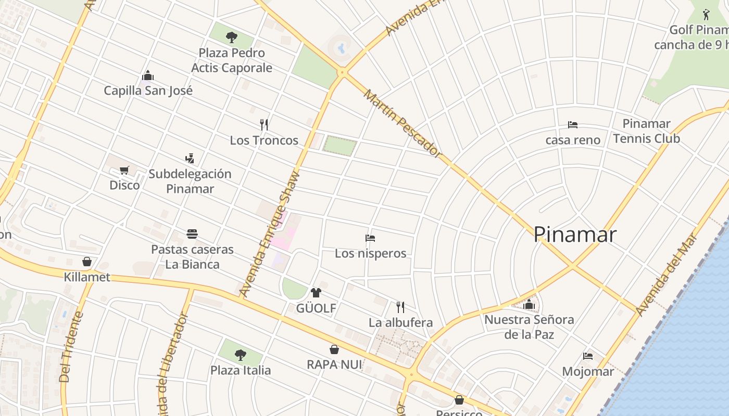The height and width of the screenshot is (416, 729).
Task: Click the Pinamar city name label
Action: coord(575,235)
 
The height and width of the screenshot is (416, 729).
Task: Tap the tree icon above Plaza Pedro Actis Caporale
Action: coord(232,37)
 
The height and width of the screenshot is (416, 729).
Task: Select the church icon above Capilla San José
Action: coord(148,76)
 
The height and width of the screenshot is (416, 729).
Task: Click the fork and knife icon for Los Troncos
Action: coord(264,125)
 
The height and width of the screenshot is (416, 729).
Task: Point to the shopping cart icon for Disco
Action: coord(124,170)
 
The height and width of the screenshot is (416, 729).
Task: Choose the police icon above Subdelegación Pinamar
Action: coord(190,159)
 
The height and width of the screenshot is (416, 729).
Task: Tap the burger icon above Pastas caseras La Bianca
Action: coord(192,234)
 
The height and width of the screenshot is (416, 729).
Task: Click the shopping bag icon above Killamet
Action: coord(87,262)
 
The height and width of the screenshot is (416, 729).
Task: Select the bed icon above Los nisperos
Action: coord(370,238)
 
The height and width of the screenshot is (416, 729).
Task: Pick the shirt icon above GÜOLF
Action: coord(316,293)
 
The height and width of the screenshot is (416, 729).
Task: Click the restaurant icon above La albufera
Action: coord(400,307)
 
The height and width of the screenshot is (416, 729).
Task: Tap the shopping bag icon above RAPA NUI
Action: coord(334,349)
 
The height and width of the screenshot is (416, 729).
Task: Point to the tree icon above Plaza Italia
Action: coord(240,355)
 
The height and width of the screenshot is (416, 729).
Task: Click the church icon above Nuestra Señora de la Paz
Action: coord(529,304)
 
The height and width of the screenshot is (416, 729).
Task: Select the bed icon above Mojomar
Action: coord(588,356)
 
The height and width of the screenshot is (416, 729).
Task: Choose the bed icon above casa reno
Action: coord(573,125)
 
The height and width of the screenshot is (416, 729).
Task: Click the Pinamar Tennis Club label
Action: coord(646,131)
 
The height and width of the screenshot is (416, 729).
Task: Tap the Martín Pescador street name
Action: coord(402,123)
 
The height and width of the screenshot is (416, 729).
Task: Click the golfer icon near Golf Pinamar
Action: coord(706,15)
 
